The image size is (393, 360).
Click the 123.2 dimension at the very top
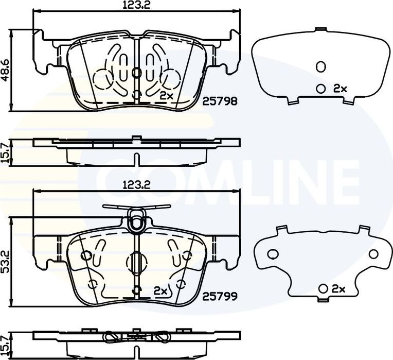pos(136,5)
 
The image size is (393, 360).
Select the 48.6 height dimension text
pos(5,70)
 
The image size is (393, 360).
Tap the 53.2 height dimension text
pos(5,262)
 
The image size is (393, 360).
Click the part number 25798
pos(220,101)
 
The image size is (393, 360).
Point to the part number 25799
pos(220,297)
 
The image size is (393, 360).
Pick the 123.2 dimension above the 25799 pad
pos(136,185)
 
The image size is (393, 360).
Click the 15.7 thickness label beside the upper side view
pos(5,153)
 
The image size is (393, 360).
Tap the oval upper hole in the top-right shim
pos(321,66)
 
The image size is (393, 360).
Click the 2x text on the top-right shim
pos(340,88)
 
